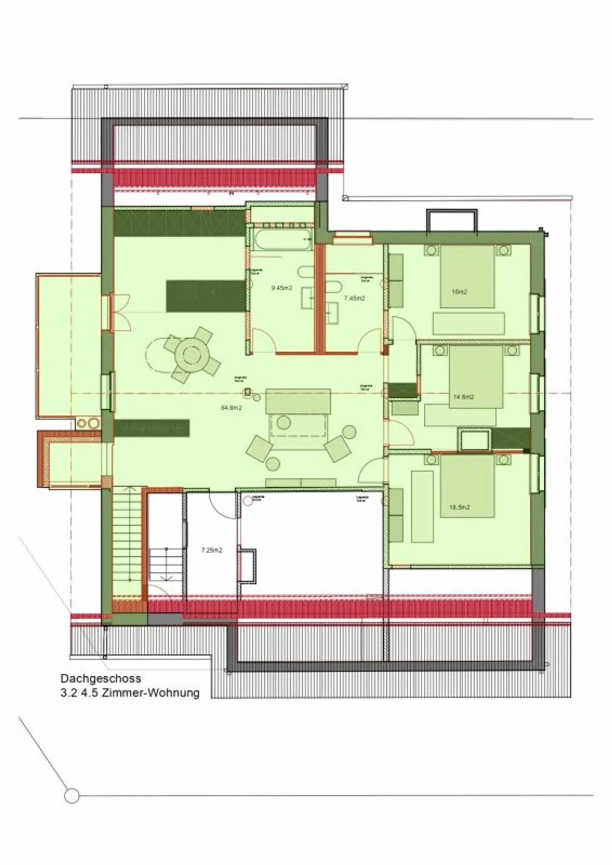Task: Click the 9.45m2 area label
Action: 281,288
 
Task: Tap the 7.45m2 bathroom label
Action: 354,298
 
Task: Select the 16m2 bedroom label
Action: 459,292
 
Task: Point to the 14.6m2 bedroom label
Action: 463,397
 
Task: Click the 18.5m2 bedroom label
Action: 459,507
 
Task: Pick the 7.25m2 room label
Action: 211,550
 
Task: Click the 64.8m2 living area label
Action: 231,408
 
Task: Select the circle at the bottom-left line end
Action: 72,795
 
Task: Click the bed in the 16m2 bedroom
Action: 467,276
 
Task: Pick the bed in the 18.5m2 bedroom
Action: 467,486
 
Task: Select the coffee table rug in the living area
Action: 297,425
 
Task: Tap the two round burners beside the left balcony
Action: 88,423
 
